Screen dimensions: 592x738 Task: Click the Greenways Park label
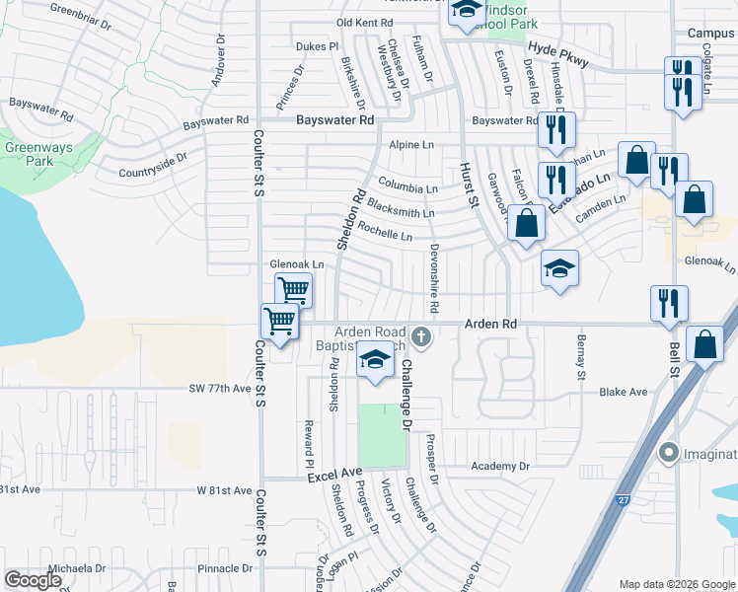tap(27, 153)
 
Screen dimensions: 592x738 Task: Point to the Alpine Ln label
tap(411, 145)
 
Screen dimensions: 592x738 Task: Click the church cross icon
tap(421, 337)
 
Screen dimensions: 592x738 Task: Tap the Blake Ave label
tap(624, 392)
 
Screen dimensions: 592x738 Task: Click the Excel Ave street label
tap(330, 477)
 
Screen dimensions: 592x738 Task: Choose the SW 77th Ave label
tap(220, 389)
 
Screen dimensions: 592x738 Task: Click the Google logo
tap(34, 579)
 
